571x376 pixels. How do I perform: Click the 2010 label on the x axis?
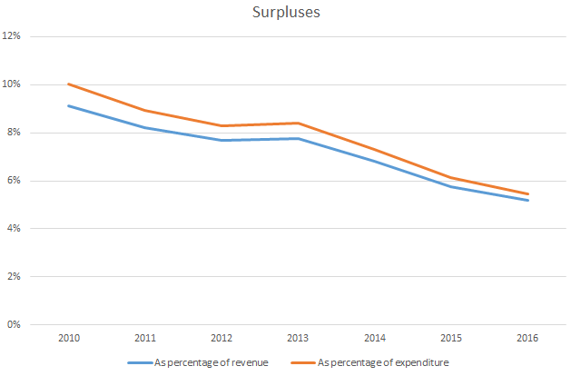pos(69,338)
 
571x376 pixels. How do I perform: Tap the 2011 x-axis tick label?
pos(145,338)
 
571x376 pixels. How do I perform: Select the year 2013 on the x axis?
pos(299,338)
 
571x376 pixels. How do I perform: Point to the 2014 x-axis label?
pos(375,338)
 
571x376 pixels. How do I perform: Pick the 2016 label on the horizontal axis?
pos(528,338)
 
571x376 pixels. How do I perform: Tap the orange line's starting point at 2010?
pos(69,84)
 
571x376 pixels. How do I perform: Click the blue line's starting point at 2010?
pos(69,105)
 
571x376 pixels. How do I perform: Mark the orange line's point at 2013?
pos(299,123)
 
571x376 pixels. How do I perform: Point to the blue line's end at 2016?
pos(528,200)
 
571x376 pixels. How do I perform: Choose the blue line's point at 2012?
pos(222,140)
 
